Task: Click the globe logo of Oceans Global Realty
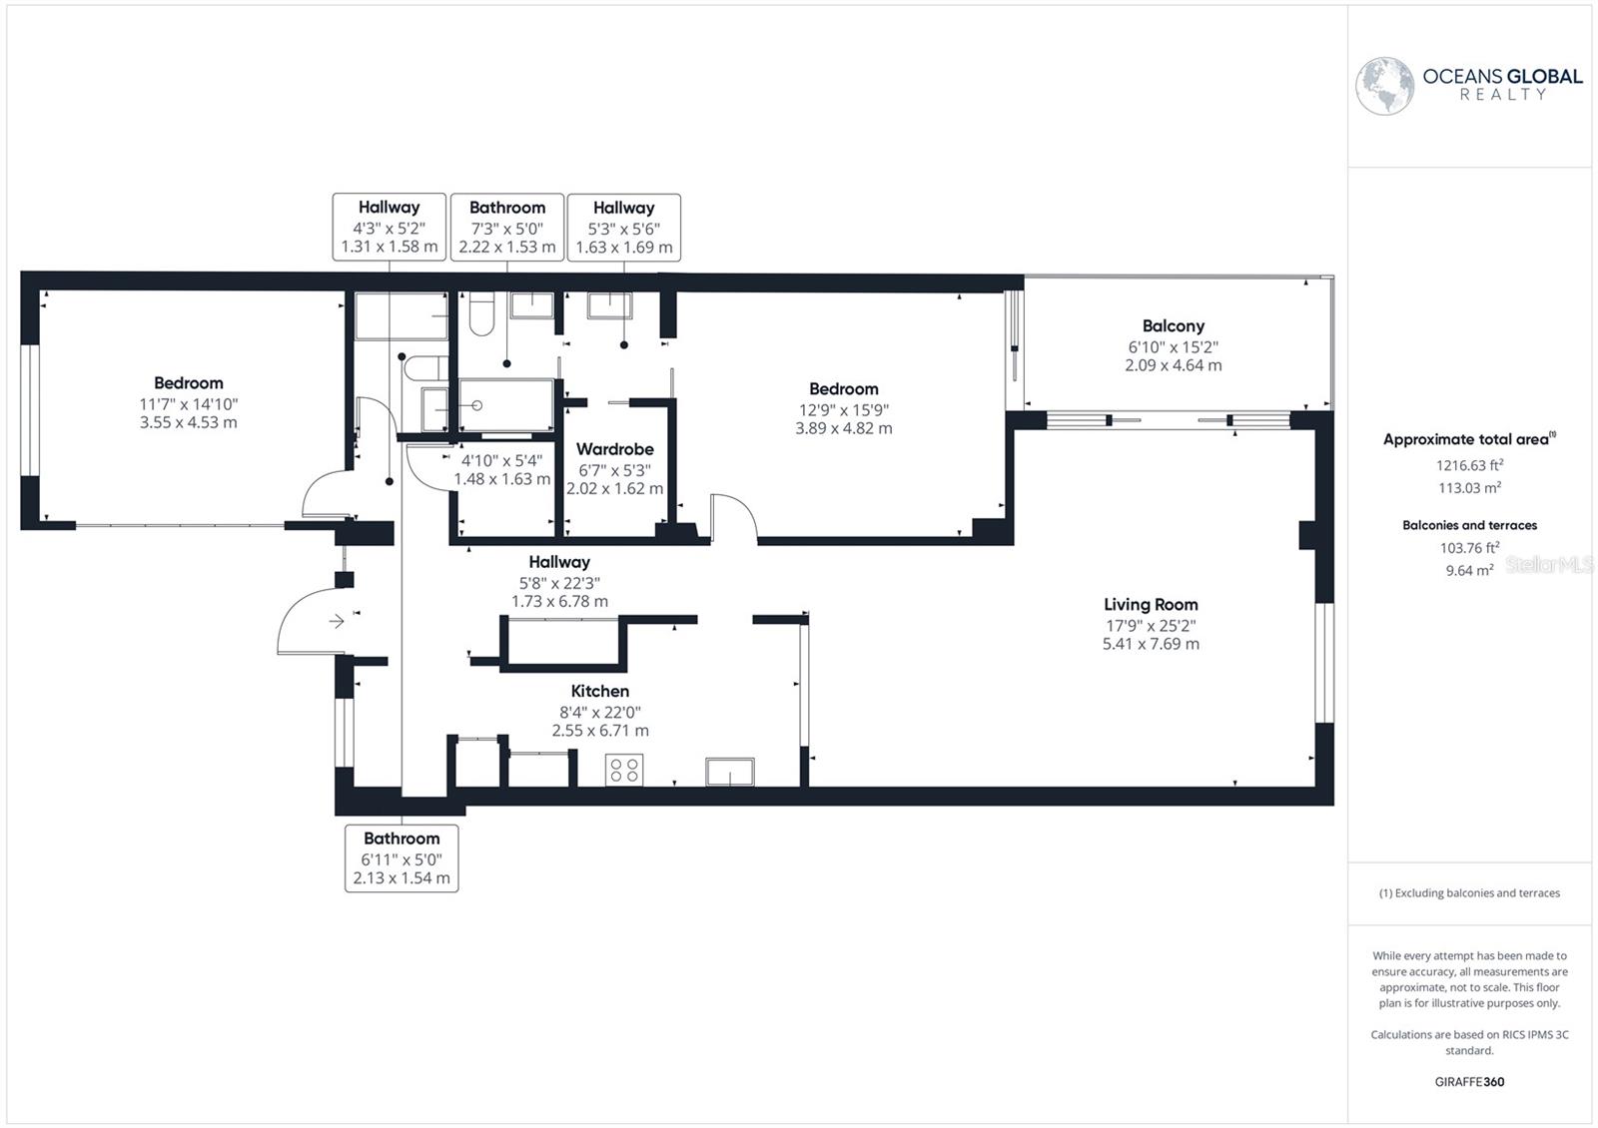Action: [1384, 86]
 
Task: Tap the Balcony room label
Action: [1173, 326]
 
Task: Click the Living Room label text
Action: [1151, 604]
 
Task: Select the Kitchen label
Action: [599, 691]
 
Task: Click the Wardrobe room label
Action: [614, 449]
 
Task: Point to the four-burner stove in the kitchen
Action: [624, 770]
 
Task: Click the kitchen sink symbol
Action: [729, 772]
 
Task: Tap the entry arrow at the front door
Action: [337, 622]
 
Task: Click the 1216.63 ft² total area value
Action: [1469, 465]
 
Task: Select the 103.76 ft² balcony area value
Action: [1469, 548]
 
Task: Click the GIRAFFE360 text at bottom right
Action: [1469, 1082]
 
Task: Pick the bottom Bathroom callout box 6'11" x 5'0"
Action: [401, 858]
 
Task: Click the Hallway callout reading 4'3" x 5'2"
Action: [390, 228]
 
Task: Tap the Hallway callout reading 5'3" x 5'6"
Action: [624, 228]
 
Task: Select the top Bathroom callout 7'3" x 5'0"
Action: [507, 228]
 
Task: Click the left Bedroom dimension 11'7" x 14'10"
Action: [189, 404]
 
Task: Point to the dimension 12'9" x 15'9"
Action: [844, 410]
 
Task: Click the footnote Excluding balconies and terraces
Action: [1469, 893]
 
